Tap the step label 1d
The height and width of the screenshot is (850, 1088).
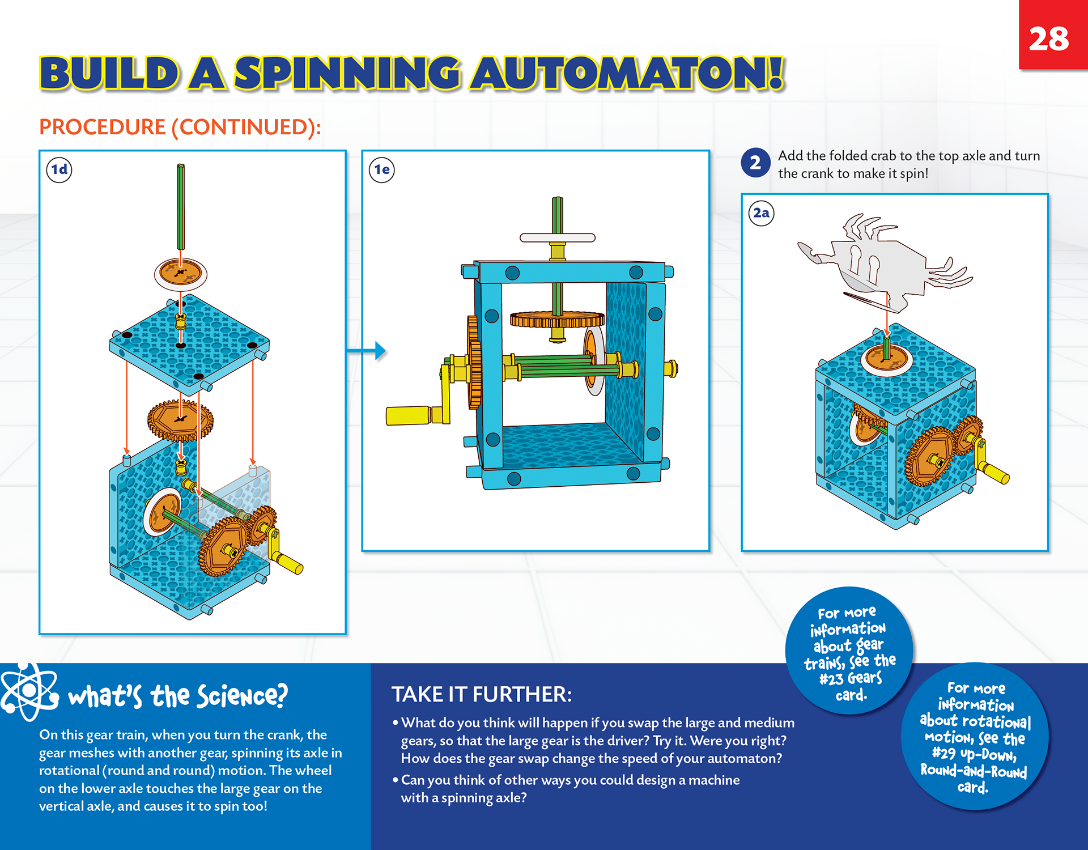(x=59, y=169)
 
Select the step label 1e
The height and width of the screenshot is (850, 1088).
(x=382, y=169)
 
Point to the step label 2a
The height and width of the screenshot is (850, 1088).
(x=761, y=213)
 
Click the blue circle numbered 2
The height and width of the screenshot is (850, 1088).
(x=755, y=163)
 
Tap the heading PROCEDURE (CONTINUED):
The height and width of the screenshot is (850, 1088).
(x=180, y=127)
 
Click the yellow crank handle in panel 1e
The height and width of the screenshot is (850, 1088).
(x=408, y=415)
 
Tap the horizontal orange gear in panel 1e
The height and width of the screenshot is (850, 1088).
(x=557, y=320)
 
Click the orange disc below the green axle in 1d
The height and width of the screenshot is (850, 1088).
(x=181, y=273)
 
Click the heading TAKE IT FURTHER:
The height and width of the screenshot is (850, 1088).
(x=482, y=694)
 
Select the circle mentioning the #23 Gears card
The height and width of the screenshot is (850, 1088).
(x=848, y=652)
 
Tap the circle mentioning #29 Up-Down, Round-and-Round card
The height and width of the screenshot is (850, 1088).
(x=974, y=737)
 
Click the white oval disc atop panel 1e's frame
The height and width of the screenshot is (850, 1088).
(x=558, y=237)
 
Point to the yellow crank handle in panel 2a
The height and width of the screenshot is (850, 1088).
(x=996, y=473)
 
